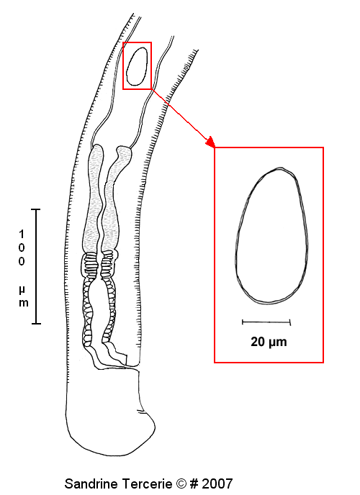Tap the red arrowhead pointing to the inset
tap(211, 142)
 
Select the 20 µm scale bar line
tap(266, 322)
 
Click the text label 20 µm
tap(269, 342)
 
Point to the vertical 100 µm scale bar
tap(36, 266)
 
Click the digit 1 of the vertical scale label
tap(22, 235)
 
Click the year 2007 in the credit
tap(217, 483)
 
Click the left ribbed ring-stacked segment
tap(90, 264)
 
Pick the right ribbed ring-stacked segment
tap(107, 263)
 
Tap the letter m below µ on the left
tap(23, 304)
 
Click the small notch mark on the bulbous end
tap(141, 412)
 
